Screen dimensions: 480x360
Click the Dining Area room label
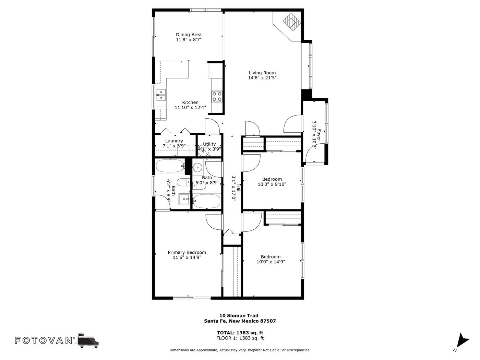189,35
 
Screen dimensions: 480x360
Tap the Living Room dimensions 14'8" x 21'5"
262,77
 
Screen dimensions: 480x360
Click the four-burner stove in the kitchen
217,96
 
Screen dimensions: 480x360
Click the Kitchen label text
190,102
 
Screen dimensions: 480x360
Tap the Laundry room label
174,141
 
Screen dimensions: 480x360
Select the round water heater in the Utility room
204,151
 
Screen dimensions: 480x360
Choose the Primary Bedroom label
187,252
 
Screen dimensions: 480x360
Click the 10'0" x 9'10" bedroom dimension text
272,184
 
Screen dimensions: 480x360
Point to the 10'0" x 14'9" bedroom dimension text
271,262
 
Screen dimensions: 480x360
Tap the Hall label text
239,188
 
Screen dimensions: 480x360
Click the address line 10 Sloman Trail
239,316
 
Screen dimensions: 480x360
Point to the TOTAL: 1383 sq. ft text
240,333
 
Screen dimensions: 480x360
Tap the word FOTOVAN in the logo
44,340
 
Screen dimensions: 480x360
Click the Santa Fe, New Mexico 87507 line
240,321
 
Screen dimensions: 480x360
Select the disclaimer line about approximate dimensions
240,350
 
